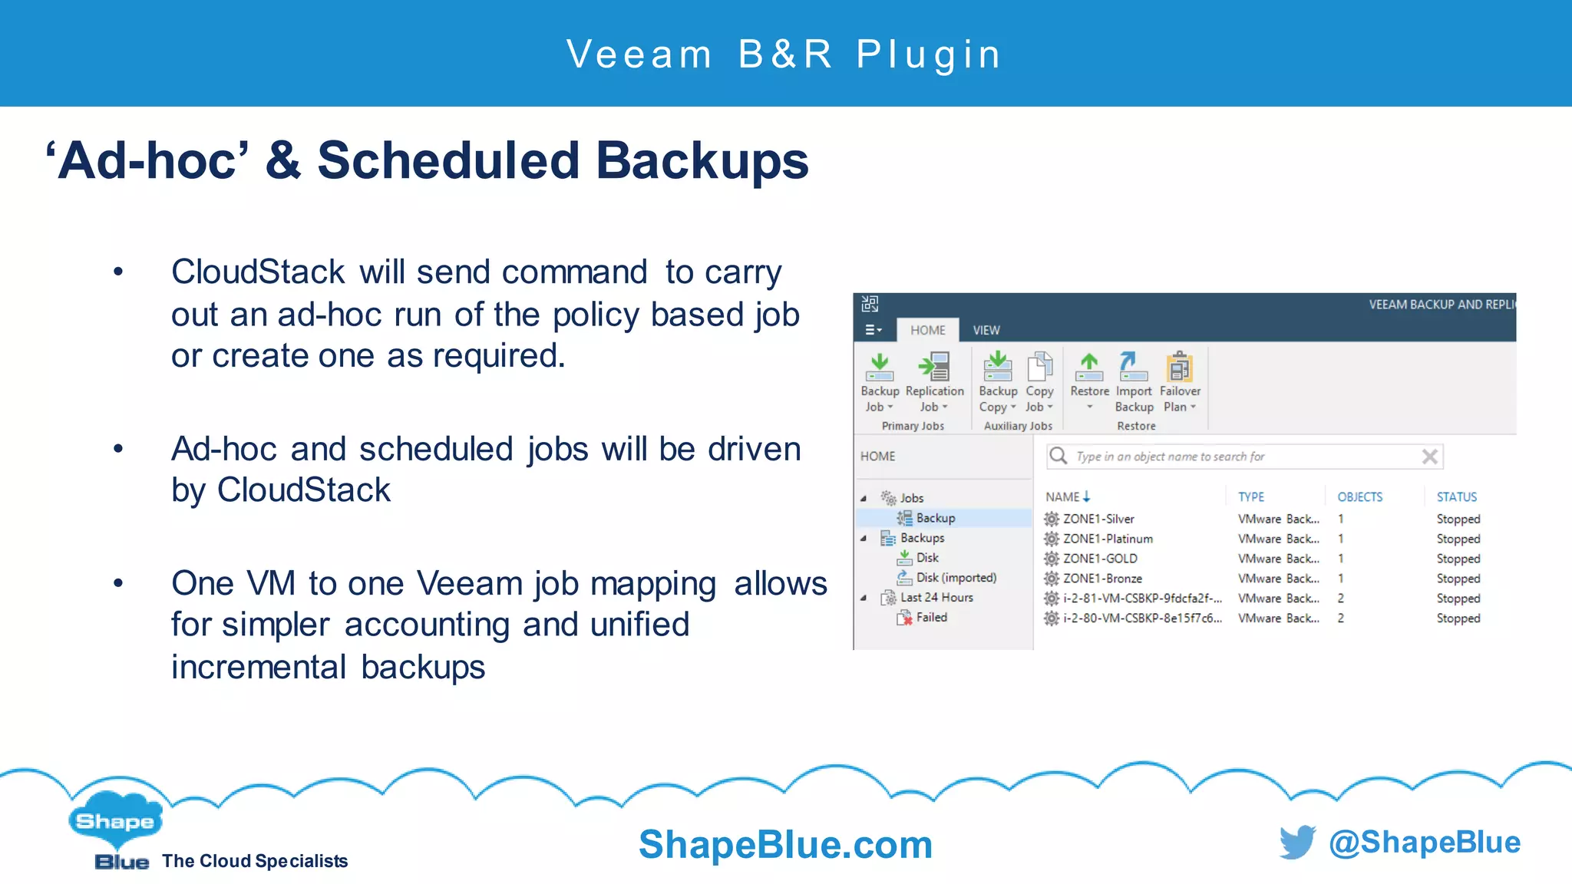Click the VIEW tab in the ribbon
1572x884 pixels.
coord(986,330)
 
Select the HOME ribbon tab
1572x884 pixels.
coord(927,330)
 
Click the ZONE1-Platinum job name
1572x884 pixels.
coord(1108,539)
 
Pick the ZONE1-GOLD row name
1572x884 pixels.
coord(1100,559)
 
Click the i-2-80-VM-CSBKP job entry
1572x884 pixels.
coord(1141,618)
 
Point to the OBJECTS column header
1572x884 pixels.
coord(1359,497)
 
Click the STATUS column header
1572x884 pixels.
coord(1456,497)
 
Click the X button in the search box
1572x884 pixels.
coord(1429,457)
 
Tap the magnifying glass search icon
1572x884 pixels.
coord(1058,456)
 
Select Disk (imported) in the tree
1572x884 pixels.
coord(956,578)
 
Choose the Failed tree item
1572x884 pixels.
coord(931,617)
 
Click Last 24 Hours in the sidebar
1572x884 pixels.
coord(936,597)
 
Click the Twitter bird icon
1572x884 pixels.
coord(1297,842)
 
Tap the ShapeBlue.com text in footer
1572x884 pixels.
coord(785,845)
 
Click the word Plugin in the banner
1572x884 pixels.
coord(929,54)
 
